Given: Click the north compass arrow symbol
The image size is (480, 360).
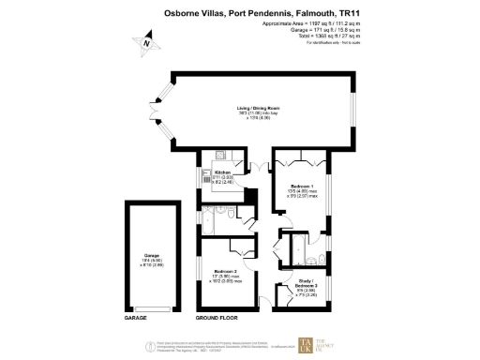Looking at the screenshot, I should tap(146, 42).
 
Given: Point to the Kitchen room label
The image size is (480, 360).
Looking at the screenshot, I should tap(222, 172).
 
